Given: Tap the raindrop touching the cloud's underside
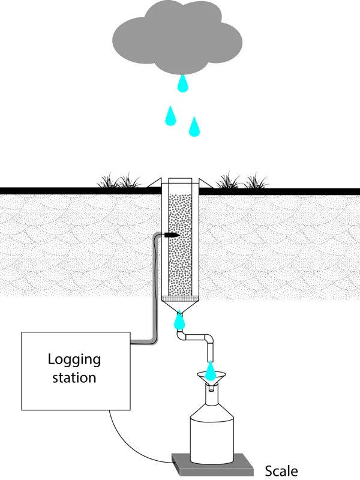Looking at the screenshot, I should click(182, 84).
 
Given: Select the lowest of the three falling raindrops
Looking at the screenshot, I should click(194, 127).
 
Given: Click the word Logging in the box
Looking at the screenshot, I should click(74, 360).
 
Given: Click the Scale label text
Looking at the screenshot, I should click(281, 471).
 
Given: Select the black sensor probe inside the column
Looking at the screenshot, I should click(172, 234).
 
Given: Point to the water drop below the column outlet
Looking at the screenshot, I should click(179, 322).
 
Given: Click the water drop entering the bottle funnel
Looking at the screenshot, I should click(210, 370).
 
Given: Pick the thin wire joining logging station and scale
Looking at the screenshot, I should click(129, 444).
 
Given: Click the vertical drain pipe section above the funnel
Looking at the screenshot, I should click(209, 349).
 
